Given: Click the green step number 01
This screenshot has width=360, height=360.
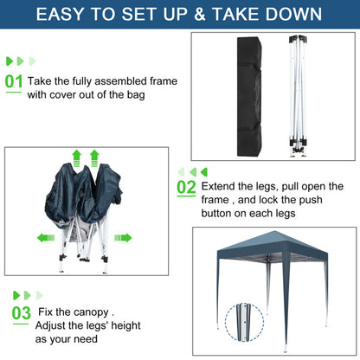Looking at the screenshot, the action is click(x=14, y=81).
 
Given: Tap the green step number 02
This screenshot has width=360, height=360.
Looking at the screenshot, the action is click(x=186, y=188).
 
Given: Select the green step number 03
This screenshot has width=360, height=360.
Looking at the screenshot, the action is click(x=22, y=313).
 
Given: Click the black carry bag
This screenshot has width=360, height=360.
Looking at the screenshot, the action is click(x=249, y=96).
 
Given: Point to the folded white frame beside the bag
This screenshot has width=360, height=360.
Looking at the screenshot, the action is click(x=298, y=96).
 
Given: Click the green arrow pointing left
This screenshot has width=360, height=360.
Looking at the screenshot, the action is click(x=46, y=238).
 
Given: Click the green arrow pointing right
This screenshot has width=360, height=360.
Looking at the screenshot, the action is click(x=123, y=238).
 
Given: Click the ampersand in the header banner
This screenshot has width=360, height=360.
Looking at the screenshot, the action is click(x=200, y=14).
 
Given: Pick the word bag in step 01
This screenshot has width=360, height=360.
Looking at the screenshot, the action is click(x=136, y=95).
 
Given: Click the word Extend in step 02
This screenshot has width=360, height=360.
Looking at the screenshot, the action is click(x=218, y=186).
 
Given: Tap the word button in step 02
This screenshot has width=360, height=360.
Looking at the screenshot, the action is click(x=218, y=214).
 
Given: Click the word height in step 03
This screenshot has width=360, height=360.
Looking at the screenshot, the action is click(x=125, y=325).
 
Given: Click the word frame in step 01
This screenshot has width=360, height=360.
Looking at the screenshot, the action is click(x=164, y=81).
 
